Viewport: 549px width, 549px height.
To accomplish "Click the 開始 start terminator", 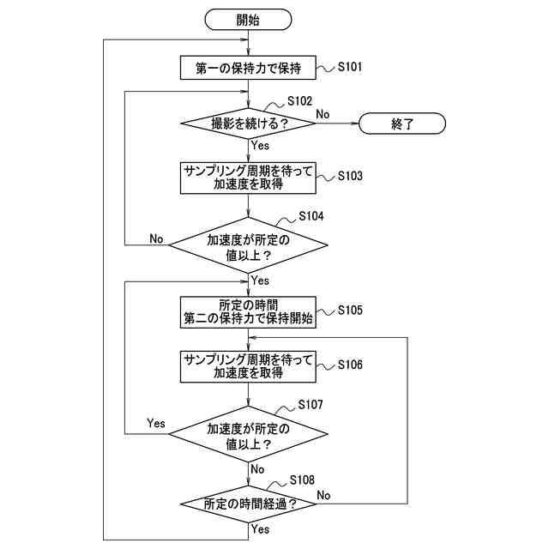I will point(249,19).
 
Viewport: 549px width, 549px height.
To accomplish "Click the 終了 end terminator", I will point(402,124).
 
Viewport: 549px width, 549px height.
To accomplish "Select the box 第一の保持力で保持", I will point(249,67).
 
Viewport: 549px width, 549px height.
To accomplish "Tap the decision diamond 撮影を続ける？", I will point(249,124).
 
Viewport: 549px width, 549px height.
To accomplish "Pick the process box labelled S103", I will point(249,178).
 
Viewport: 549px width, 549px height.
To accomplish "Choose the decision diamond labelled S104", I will point(249,246).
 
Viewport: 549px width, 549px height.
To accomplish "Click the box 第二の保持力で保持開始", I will point(249,312).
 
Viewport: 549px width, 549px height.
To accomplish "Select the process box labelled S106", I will point(249,366).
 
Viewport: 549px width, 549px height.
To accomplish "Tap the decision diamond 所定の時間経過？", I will point(249,504).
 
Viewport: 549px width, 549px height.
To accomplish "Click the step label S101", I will point(355,65).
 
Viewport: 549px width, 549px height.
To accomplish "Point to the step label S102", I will point(300,101).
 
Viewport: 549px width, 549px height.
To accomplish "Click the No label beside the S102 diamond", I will point(323,113).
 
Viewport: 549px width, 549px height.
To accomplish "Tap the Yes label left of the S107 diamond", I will point(156,423).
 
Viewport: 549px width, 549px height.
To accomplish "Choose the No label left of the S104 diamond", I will point(157,238).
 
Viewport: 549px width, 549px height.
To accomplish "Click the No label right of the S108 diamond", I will point(324,495).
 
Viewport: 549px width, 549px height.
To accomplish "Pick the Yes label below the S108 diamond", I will point(261,530).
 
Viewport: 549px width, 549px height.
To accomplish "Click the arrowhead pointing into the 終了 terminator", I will point(354,124).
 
